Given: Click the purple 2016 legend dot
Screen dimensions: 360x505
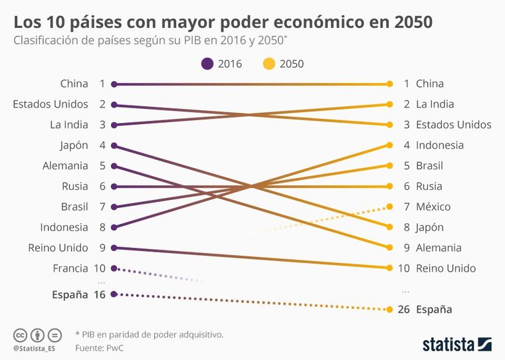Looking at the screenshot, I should click(207, 64).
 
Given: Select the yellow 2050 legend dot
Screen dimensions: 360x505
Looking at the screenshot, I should click(268, 64).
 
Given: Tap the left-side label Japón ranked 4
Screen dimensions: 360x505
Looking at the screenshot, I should click(74, 145).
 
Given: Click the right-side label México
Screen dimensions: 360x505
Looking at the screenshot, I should click(433, 207).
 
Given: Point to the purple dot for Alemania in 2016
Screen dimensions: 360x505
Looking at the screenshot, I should click(114, 166).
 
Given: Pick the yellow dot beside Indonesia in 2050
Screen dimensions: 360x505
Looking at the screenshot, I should click(389, 145).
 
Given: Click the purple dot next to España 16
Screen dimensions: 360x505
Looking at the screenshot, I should click(114, 294).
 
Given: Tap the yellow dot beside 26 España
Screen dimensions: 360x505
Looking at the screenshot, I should click(389, 310).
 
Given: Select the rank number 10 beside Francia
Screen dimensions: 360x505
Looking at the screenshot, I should click(100, 268).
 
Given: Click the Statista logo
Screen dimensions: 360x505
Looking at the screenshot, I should click(456, 344).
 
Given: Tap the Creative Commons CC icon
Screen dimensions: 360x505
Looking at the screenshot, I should click(20, 334).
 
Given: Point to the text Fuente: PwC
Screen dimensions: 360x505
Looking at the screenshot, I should click(98, 347).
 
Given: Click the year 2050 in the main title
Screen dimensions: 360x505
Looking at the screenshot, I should click(413, 21).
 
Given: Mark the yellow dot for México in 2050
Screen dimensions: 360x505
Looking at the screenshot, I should click(389, 207).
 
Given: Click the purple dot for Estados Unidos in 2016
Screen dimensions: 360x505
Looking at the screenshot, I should click(114, 104).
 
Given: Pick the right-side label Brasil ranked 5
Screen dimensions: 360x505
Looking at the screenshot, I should click(429, 165).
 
